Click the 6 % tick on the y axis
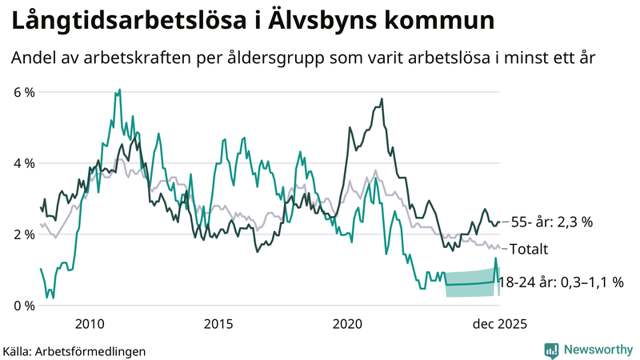(x=24, y=92)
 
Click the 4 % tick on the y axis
(x=24, y=163)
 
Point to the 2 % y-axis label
(x=24, y=234)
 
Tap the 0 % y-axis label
(x=24, y=306)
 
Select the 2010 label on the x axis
(x=89, y=324)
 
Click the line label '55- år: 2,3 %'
(x=551, y=222)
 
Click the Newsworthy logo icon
(x=551, y=350)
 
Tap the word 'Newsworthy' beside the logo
(x=597, y=350)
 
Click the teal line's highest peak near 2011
(x=119, y=90)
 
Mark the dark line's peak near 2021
(x=382, y=99)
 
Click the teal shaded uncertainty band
(x=472, y=284)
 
